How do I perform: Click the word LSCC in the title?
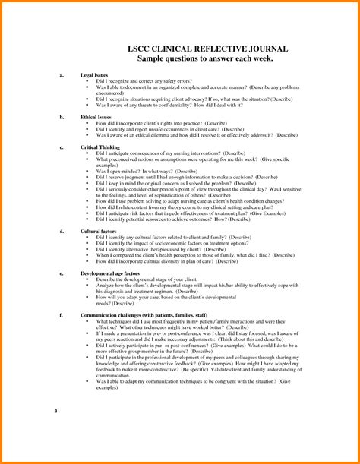(136, 49)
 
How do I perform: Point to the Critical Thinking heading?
(102, 146)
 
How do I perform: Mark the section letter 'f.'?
(61, 313)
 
